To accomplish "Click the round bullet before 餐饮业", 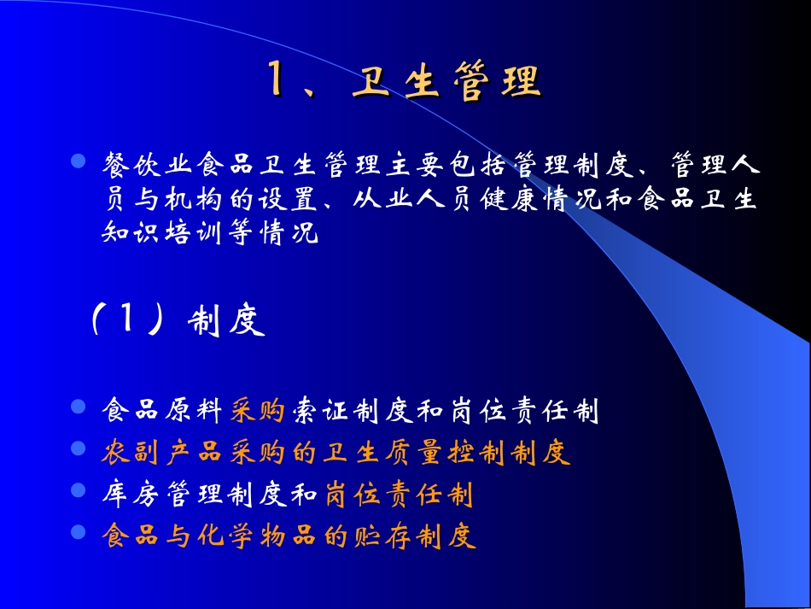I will point(79,161).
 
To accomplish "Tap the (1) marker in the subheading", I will point(126,323).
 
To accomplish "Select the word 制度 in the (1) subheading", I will point(225,324).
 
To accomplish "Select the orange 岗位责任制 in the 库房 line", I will point(398,495).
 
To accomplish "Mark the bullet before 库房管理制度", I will point(79,490).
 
